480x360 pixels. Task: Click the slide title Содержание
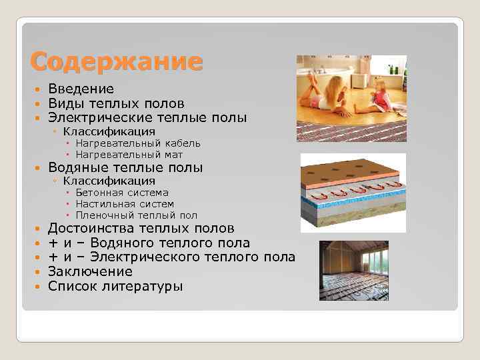116,61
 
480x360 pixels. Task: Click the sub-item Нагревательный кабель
137,143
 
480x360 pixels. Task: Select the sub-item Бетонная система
122,193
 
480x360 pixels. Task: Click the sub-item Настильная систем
125,204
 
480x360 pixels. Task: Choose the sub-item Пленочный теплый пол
136,215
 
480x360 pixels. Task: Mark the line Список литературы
115,286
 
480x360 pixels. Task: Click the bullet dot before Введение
39,89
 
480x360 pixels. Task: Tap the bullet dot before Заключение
39,272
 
